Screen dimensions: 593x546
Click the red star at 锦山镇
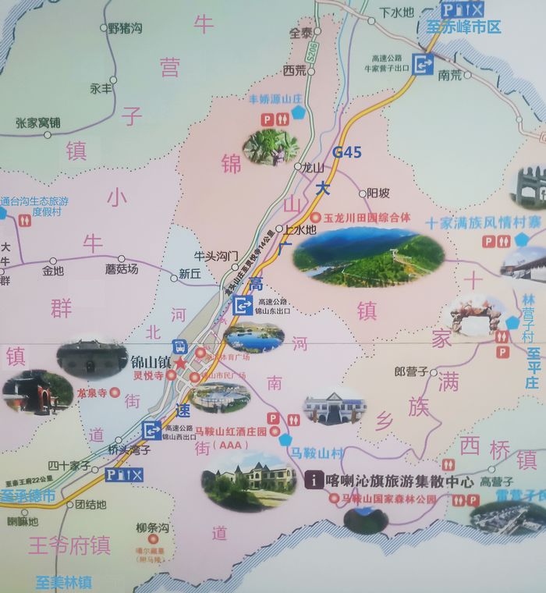click(181, 363)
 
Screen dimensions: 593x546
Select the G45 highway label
click(347, 152)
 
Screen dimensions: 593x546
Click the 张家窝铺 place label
click(37, 123)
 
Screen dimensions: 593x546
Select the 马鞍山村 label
click(316, 453)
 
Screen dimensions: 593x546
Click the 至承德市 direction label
click(28, 495)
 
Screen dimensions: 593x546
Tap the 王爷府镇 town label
click(69, 545)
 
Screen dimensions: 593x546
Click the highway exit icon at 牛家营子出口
click(424, 65)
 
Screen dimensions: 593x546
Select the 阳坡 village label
click(378, 193)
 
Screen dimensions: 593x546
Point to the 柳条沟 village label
click(152, 528)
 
